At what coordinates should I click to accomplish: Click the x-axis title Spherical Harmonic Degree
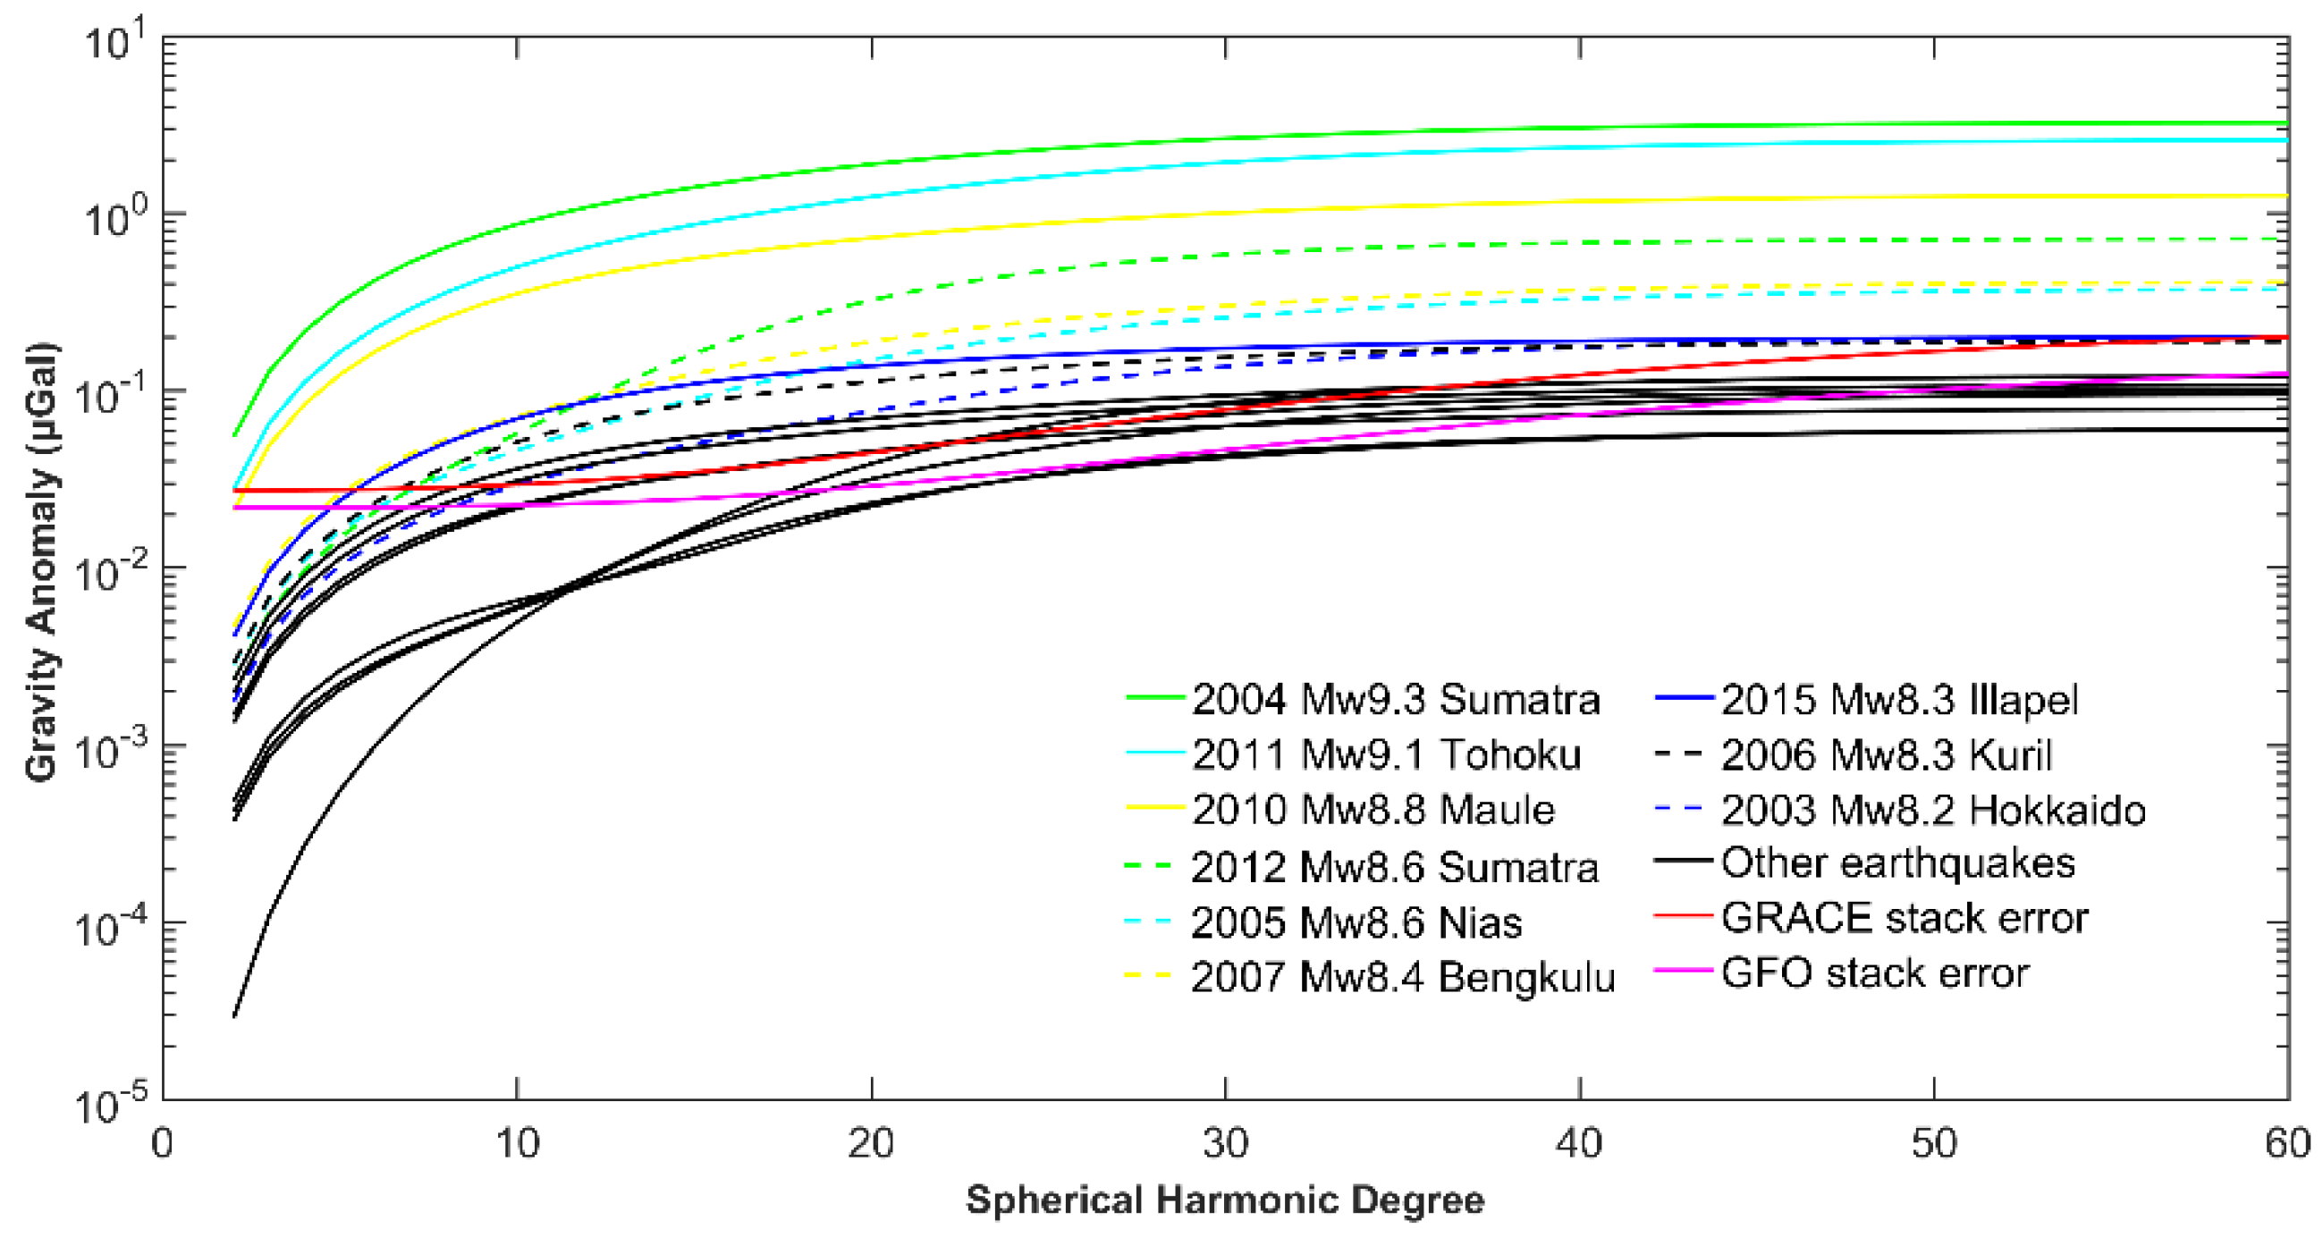pyautogui.click(x=1225, y=1200)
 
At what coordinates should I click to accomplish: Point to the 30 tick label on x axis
pyautogui.click(x=1225, y=1143)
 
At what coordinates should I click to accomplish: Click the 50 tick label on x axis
pyautogui.click(x=1933, y=1143)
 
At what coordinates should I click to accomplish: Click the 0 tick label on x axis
pyautogui.click(x=163, y=1143)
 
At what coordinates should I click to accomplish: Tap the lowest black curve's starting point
pyautogui.click(x=234, y=1017)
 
